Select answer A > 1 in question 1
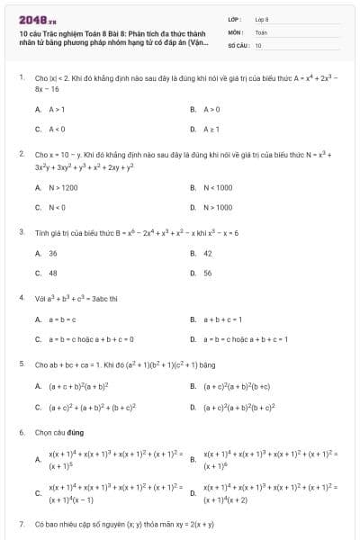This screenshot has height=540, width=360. click(53, 109)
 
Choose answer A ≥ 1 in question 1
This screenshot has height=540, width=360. click(210, 129)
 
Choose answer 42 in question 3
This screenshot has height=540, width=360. click(208, 253)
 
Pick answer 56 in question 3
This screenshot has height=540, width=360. click(208, 273)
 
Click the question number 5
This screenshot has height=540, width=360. click(22, 364)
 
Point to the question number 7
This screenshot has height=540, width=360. click(22, 523)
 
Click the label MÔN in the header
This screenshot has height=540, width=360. click(235, 31)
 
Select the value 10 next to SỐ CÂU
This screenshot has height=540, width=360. click(258, 44)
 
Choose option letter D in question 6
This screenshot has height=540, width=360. click(193, 492)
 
